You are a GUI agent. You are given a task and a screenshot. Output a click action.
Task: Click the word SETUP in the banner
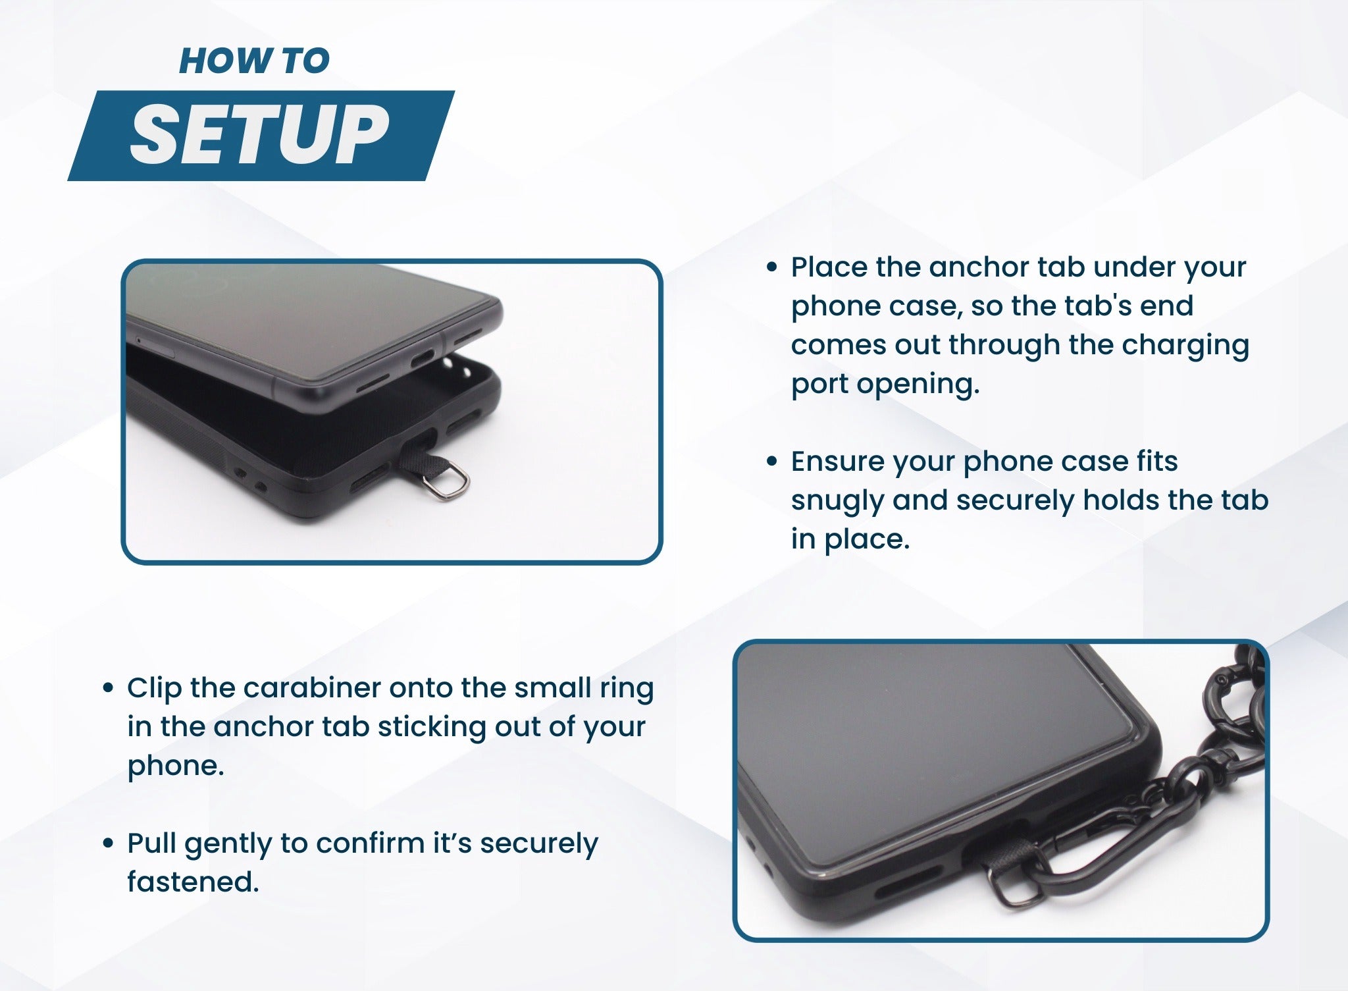259,135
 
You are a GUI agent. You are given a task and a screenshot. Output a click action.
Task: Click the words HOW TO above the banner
254,61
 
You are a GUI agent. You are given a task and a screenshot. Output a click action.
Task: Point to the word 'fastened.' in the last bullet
193,882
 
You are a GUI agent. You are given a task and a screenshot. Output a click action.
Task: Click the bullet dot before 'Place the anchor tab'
773,268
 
